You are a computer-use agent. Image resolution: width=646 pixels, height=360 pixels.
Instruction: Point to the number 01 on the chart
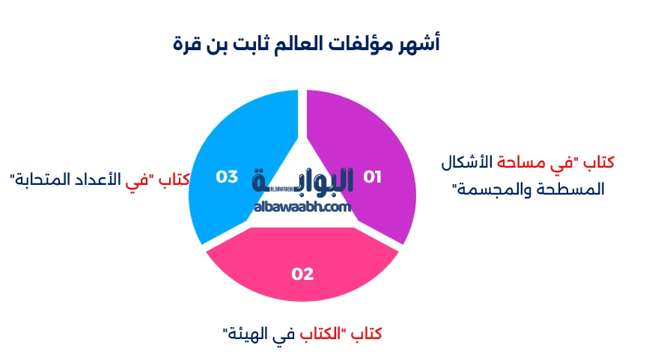(x=372, y=177)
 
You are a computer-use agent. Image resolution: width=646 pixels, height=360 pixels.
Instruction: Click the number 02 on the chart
(x=302, y=275)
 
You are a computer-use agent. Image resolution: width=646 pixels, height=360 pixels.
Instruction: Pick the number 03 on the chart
(x=227, y=177)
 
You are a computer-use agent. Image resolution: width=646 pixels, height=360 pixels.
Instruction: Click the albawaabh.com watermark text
(x=302, y=207)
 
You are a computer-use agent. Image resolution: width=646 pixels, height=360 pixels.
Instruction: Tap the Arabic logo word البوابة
(x=303, y=182)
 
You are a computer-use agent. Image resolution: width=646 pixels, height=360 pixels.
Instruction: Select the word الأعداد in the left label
(x=105, y=180)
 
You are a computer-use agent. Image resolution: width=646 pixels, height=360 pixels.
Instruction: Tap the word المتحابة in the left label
(x=46, y=180)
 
